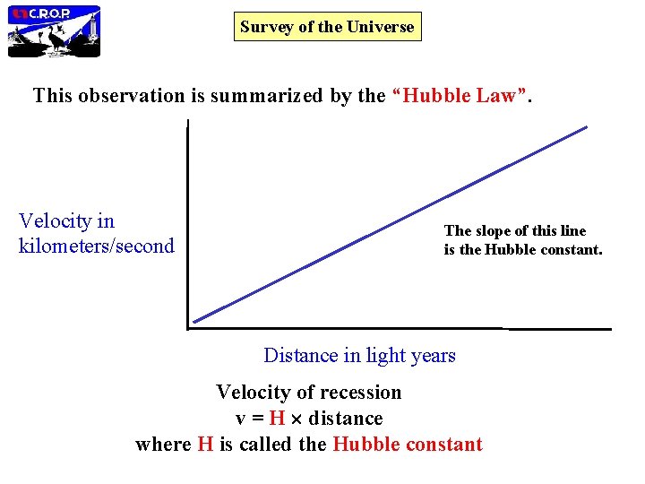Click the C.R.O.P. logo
coord(54,31)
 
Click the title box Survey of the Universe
coord(327,27)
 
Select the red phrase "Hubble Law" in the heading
coord(462,96)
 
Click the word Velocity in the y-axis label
coord(54,221)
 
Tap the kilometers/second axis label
coord(96,246)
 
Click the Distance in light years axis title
coord(359,356)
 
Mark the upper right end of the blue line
coord(586,127)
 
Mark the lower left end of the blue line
coord(195,320)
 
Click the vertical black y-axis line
coord(188,224)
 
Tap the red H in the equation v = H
coord(277,419)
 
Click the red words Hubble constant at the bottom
coord(407,445)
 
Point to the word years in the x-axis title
coord(434,356)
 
